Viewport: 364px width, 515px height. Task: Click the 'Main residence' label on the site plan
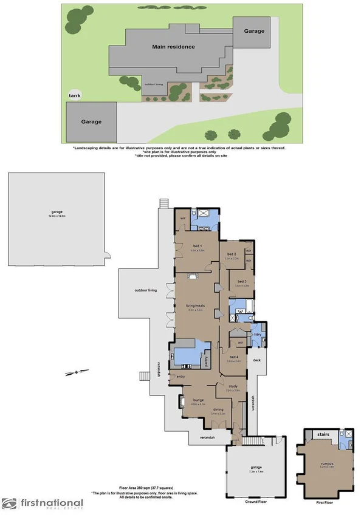coord(173,47)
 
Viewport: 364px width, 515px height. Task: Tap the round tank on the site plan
coord(75,96)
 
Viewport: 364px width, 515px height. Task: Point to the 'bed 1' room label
coord(197,246)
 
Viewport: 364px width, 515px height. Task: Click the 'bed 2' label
coord(231,254)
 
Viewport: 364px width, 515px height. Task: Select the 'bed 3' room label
coord(242,282)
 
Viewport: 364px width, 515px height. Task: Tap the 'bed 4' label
coord(234,357)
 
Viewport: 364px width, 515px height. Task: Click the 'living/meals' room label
coord(195,306)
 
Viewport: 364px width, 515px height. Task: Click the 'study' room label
coord(233,386)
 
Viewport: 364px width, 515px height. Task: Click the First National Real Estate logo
coord(43,503)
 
